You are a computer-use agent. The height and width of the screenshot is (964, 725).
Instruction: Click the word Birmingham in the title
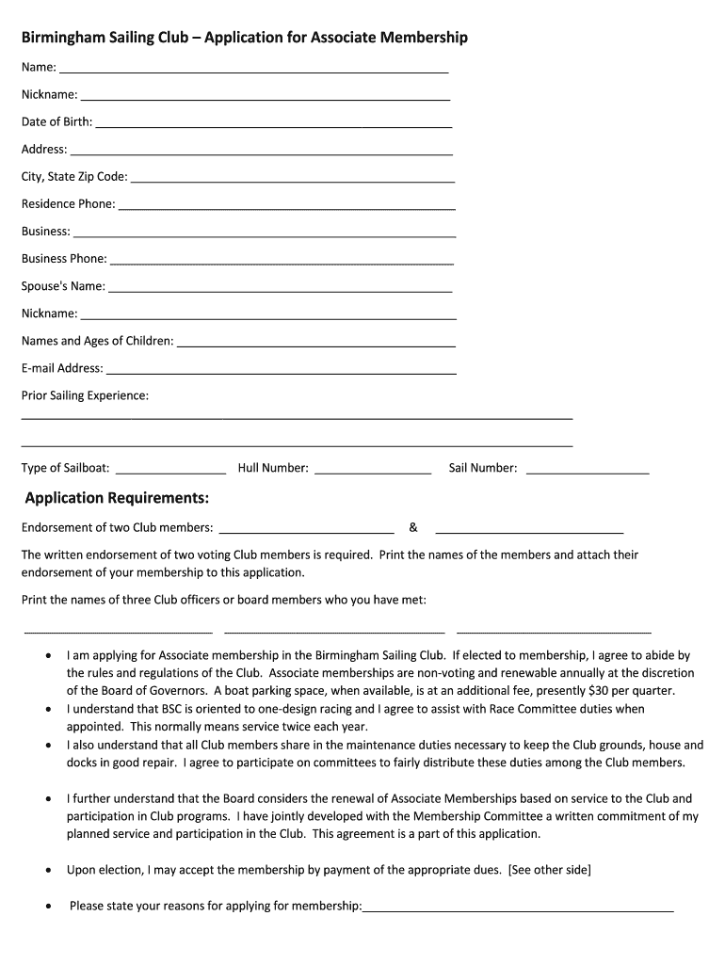pos(64,38)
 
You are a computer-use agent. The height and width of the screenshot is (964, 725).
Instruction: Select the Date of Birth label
pos(56,121)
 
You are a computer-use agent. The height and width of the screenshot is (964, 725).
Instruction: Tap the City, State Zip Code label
pos(74,176)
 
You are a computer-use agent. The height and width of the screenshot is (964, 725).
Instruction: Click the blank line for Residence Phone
pos(286,207)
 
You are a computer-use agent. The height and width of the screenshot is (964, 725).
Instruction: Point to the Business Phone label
pos(64,258)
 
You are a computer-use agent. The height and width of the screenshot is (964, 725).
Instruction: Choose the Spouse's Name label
pos(63,286)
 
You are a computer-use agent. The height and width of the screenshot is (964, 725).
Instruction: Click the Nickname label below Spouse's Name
pos(49,313)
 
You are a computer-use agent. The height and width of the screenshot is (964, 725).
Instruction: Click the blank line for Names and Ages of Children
pos(316,345)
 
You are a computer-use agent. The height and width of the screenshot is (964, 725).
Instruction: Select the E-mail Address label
pos(62,368)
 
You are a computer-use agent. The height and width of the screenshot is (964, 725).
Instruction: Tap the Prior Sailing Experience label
pos(85,395)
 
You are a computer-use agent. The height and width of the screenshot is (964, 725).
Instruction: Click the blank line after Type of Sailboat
pos(170,471)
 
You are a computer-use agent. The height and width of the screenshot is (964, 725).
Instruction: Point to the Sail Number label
pos(482,468)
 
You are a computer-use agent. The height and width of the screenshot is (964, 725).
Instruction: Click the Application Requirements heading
pos(117,497)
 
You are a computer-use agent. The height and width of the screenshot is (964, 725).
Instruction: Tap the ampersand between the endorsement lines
pos(413,527)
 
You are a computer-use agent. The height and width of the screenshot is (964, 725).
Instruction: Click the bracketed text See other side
pos(549,870)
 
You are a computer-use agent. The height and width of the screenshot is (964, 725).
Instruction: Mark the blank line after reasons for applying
pos(518,910)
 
